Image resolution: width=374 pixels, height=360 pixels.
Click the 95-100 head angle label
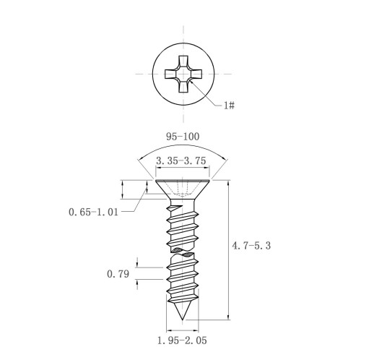click(x=183, y=137)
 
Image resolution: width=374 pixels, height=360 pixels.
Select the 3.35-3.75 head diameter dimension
click(x=181, y=160)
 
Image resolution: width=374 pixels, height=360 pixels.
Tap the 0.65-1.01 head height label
click(x=93, y=212)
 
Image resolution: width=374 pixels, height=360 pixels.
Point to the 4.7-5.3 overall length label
click(x=251, y=246)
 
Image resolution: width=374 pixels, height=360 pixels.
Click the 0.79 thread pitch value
click(x=118, y=274)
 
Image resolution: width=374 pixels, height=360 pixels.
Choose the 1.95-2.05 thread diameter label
click(x=182, y=340)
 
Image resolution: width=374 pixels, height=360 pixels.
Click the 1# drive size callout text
click(x=229, y=106)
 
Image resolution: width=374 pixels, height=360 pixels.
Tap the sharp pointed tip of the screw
click(x=183, y=320)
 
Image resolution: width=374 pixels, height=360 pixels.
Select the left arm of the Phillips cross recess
click(x=171, y=74)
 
